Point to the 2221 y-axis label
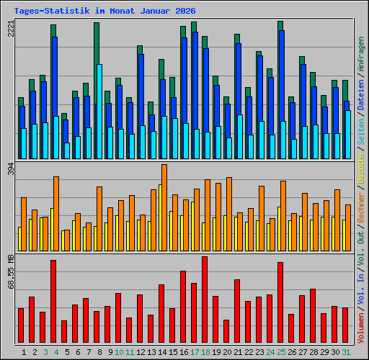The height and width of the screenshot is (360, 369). coord(10,29)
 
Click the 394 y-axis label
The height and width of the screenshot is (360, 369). coord(10,168)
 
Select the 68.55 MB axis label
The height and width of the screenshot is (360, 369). coord(10,271)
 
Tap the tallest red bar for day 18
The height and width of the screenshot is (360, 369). coord(205,300)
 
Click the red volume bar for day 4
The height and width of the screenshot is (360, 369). coord(53,301)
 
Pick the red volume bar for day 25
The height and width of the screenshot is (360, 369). coord(280,302)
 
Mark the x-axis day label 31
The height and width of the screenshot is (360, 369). coord(346,352)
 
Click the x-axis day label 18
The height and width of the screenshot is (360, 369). coord(205,352)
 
